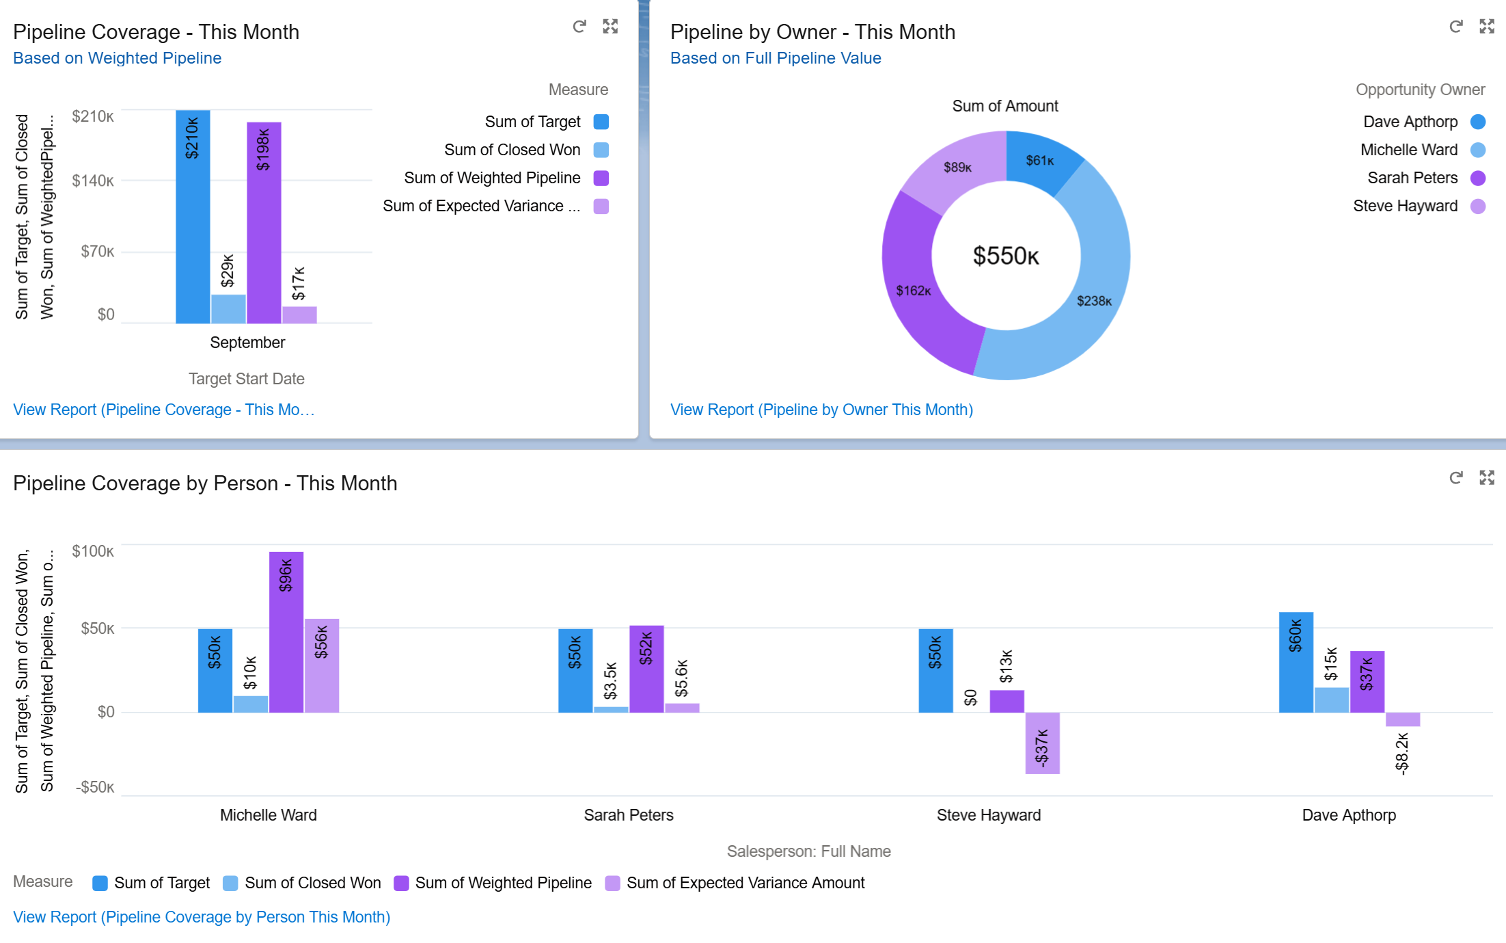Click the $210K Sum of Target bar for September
193,226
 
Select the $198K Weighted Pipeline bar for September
264,233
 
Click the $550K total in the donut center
1006,256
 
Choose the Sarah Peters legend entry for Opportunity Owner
1412,178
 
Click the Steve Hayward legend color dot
1478,206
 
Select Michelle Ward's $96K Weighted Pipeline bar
286,636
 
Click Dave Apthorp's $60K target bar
1296,663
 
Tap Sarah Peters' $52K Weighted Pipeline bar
646,670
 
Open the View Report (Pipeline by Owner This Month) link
821,410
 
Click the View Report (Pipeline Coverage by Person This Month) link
202,917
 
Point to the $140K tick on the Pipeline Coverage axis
93,181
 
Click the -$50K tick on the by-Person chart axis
94,787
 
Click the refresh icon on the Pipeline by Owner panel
1456,27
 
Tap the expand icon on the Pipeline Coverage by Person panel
1487,477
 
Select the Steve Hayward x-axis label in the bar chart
988,815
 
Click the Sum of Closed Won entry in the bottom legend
312,883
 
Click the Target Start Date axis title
247,379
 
